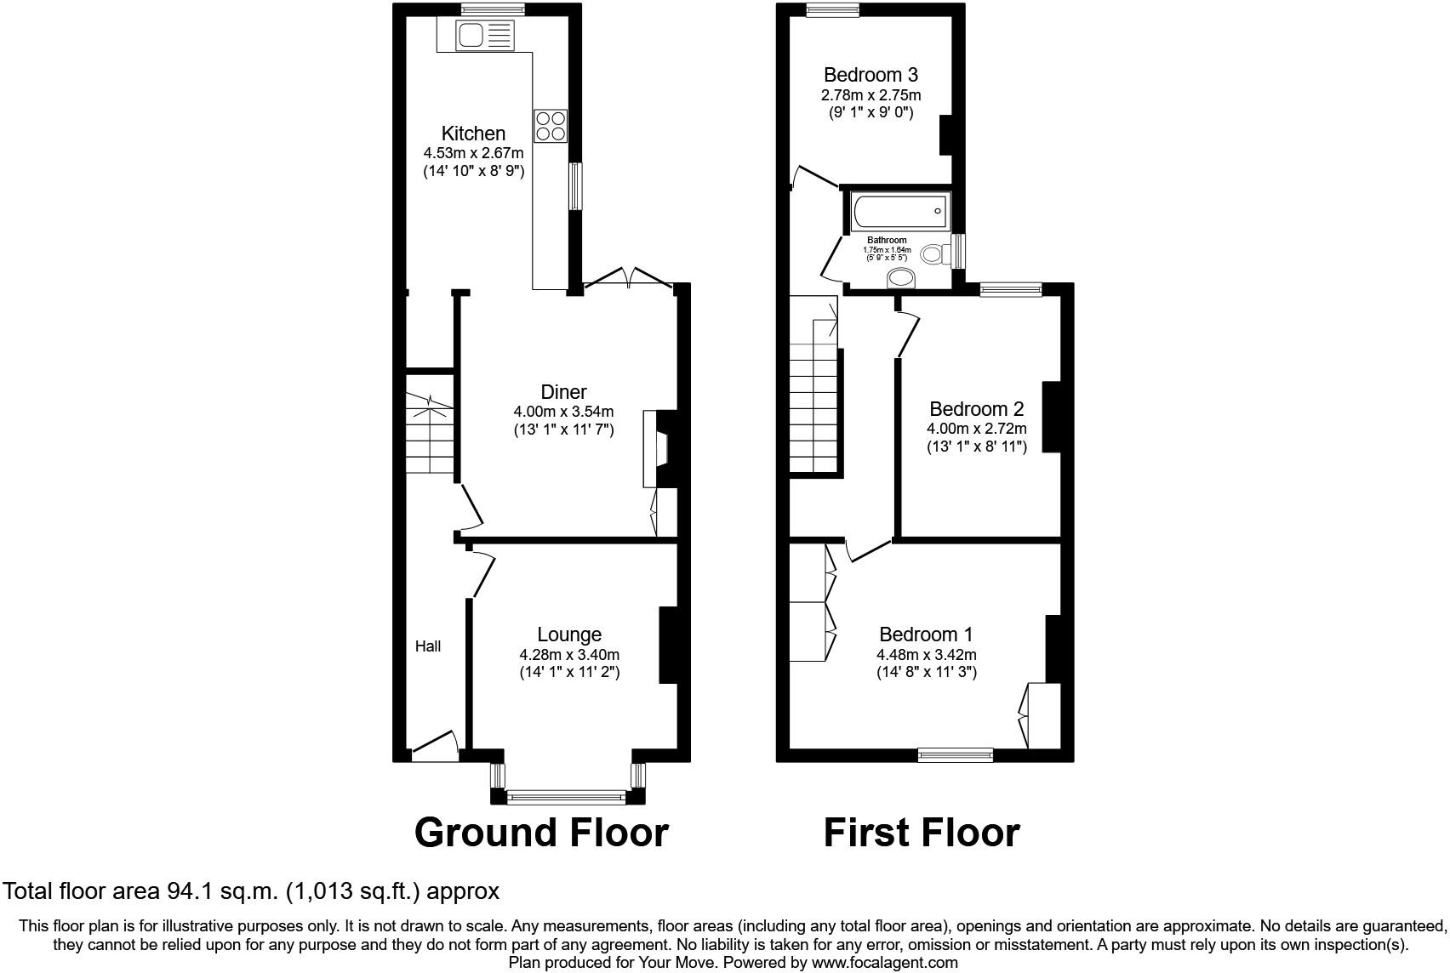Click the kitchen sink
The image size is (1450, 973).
[485, 35]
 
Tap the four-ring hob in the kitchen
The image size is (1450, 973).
[551, 126]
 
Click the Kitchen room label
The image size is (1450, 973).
[473, 134]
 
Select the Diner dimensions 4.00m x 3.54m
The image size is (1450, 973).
[563, 412]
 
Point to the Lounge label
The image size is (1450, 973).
[569, 634]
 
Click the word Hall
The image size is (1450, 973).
[428, 646]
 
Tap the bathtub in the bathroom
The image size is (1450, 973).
[900, 211]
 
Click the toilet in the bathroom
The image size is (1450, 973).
[936, 254]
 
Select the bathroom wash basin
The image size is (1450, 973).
[900, 278]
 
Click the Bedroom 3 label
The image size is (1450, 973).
[871, 75]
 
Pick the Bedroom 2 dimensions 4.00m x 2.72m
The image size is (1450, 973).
[976, 429]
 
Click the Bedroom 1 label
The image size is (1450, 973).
[927, 634]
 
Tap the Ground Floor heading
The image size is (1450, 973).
[541, 833]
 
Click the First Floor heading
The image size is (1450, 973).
[921, 833]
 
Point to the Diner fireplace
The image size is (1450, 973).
[659, 448]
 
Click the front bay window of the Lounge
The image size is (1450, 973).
[567, 797]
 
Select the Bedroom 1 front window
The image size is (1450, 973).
[956, 754]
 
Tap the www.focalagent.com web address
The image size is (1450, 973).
[884, 963]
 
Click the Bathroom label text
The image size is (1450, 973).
[887, 240]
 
